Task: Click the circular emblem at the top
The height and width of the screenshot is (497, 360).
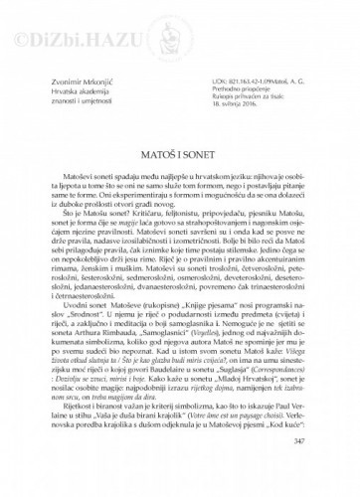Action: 180,39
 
